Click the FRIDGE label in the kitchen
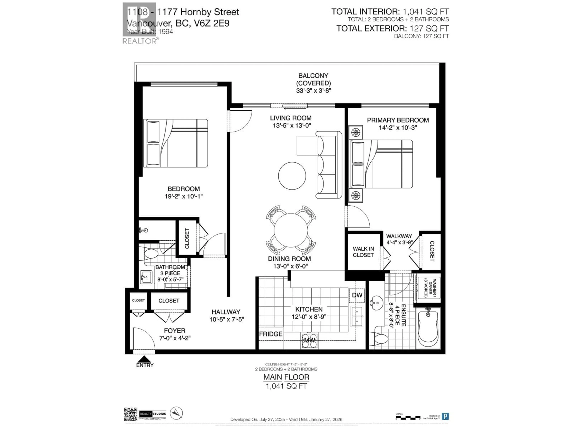pos(271,334)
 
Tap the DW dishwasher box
pos(357,295)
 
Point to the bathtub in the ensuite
pos(428,328)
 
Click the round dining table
pos(291,230)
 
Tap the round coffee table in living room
pos(292,176)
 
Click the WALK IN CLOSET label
pos(363,252)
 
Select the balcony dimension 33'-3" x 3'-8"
pos(314,91)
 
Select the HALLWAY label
pos(226,312)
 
